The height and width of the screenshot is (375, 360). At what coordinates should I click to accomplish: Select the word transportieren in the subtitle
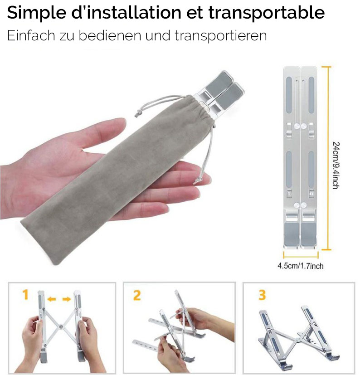(x=220, y=36)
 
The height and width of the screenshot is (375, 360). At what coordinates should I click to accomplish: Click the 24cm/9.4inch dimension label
(x=336, y=165)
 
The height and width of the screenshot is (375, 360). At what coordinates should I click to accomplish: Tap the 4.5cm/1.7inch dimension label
(x=301, y=266)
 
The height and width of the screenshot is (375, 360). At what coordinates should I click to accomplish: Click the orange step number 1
(x=25, y=294)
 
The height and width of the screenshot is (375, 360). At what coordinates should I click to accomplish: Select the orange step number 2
(x=137, y=295)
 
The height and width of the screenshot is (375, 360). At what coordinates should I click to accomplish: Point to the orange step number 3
(x=262, y=295)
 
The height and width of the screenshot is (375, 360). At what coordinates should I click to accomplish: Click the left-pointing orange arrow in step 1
(x=52, y=299)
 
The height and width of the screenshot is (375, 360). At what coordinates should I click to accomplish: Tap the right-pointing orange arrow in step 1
(x=67, y=299)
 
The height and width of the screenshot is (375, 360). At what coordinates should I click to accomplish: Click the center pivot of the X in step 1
(x=61, y=326)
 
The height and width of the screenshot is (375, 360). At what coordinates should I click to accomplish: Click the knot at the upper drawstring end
(x=137, y=113)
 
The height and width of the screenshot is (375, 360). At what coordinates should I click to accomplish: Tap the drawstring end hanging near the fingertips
(x=197, y=181)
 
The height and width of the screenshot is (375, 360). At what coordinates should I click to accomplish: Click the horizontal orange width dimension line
(x=301, y=255)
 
